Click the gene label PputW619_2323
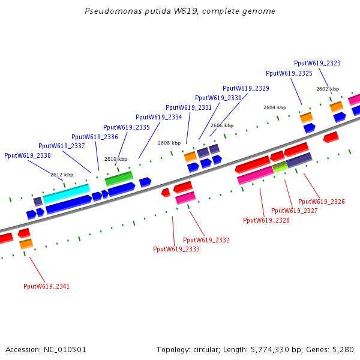click(x=317, y=63)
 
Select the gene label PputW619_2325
click(x=289, y=73)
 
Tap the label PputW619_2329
click(x=246, y=88)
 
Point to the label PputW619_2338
click(x=28, y=155)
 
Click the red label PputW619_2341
click(x=46, y=286)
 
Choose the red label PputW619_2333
click(x=176, y=249)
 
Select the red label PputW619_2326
click(x=322, y=202)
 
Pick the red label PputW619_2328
click(x=266, y=220)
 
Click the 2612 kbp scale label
click(x=62, y=175)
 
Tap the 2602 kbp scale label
click(x=328, y=89)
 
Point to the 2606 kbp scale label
click(x=222, y=125)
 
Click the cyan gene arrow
click(x=66, y=193)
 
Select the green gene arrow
click(x=119, y=178)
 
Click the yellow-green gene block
click(x=280, y=166)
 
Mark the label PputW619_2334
click(x=159, y=117)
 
